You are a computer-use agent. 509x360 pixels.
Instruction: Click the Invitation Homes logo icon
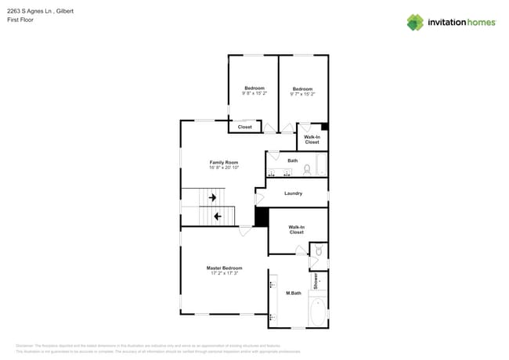(x=414, y=22)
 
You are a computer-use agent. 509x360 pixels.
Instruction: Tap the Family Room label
(x=223, y=162)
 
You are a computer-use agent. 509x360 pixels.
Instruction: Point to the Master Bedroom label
(x=224, y=268)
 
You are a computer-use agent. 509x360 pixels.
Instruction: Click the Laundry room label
(x=293, y=193)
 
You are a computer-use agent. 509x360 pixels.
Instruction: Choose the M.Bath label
(x=294, y=293)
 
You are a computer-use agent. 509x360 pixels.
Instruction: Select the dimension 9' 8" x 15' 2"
(x=254, y=93)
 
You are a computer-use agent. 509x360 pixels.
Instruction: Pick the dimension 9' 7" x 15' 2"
(x=302, y=94)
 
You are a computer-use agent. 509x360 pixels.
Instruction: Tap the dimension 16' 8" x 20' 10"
(x=223, y=167)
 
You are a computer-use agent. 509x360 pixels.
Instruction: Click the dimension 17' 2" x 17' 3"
(x=224, y=273)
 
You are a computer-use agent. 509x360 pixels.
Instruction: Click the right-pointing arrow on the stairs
(x=212, y=198)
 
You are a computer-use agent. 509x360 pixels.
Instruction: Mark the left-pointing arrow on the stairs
(x=218, y=215)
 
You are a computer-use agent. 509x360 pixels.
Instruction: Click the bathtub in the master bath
(x=317, y=311)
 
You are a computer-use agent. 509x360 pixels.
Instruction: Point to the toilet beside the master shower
(x=318, y=251)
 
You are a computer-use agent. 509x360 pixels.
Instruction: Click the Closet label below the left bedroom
(x=244, y=126)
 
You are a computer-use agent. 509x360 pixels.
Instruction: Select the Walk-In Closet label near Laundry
(x=296, y=229)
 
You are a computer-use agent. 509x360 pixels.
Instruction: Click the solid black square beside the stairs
(x=262, y=217)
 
